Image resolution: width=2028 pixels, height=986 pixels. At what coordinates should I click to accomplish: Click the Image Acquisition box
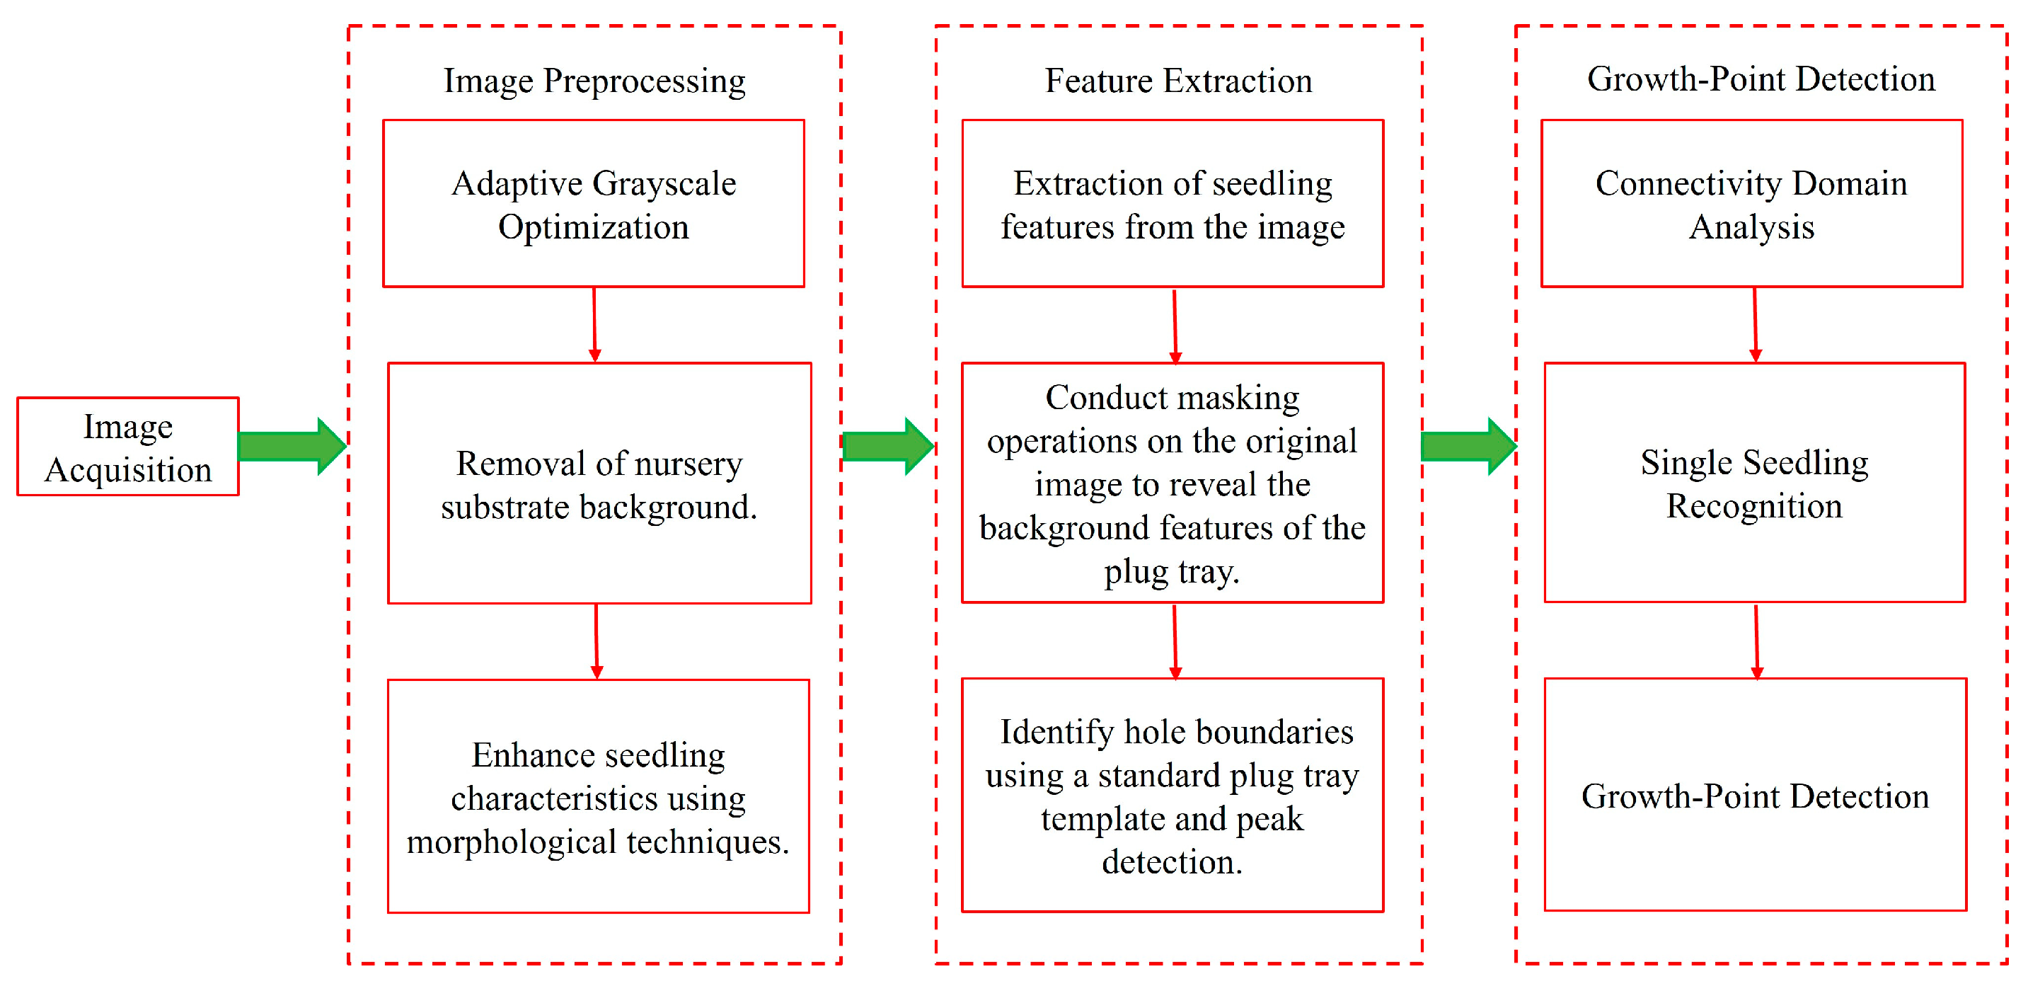[x=127, y=447]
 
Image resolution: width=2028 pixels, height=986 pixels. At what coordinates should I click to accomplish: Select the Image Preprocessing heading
[x=594, y=81]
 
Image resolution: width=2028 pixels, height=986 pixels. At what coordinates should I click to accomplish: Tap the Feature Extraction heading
[x=1177, y=81]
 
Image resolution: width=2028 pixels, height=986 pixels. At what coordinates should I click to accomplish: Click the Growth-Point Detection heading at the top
[x=1761, y=79]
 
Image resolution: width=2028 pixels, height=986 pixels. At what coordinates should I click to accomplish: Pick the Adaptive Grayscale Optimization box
[x=594, y=204]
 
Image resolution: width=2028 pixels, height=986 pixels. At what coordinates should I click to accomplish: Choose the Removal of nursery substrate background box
[x=599, y=483]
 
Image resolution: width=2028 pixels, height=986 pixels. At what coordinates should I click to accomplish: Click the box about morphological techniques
[x=599, y=797]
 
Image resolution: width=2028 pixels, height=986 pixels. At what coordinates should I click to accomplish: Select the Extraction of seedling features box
[x=1173, y=204]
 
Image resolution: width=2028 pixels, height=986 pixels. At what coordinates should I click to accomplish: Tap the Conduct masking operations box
[x=1173, y=483]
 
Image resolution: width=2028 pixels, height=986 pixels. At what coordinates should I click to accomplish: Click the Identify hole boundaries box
[x=1173, y=796]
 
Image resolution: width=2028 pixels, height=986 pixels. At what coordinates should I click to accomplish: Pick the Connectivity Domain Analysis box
[x=1751, y=204]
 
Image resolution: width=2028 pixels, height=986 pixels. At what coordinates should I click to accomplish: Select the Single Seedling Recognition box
[x=1755, y=483]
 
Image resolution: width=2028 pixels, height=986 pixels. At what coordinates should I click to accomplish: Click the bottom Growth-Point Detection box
[x=1755, y=796]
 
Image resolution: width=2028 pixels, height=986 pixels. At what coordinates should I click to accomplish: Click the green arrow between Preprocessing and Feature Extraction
[x=887, y=447]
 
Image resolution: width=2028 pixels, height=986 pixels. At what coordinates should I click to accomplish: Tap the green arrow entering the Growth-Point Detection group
[x=1468, y=447]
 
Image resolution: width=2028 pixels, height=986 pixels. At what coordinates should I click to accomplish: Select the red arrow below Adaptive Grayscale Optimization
[x=594, y=324]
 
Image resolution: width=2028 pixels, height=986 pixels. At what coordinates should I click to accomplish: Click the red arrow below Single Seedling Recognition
[x=1756, y=641]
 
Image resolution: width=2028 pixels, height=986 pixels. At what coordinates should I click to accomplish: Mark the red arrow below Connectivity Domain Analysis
[x=1755, y=324]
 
